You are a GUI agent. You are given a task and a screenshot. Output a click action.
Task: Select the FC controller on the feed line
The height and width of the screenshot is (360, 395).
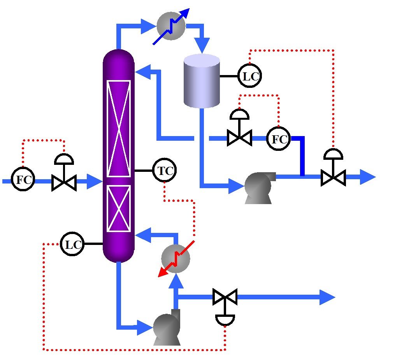point(23,180)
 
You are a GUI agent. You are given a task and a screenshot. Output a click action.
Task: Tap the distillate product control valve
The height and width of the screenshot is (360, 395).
point(333,177)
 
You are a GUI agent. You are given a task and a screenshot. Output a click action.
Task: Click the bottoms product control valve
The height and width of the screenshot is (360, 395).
point(225,298)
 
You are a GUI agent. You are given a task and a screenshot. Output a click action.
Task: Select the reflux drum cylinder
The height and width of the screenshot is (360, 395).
point(202,81)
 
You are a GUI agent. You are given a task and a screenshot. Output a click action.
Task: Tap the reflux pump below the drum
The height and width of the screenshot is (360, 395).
point(258,187)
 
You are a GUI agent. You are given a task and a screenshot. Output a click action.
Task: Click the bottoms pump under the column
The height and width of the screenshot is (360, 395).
point(167,329)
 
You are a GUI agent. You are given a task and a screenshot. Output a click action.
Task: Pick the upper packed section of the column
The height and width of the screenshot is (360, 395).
point(118,128)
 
